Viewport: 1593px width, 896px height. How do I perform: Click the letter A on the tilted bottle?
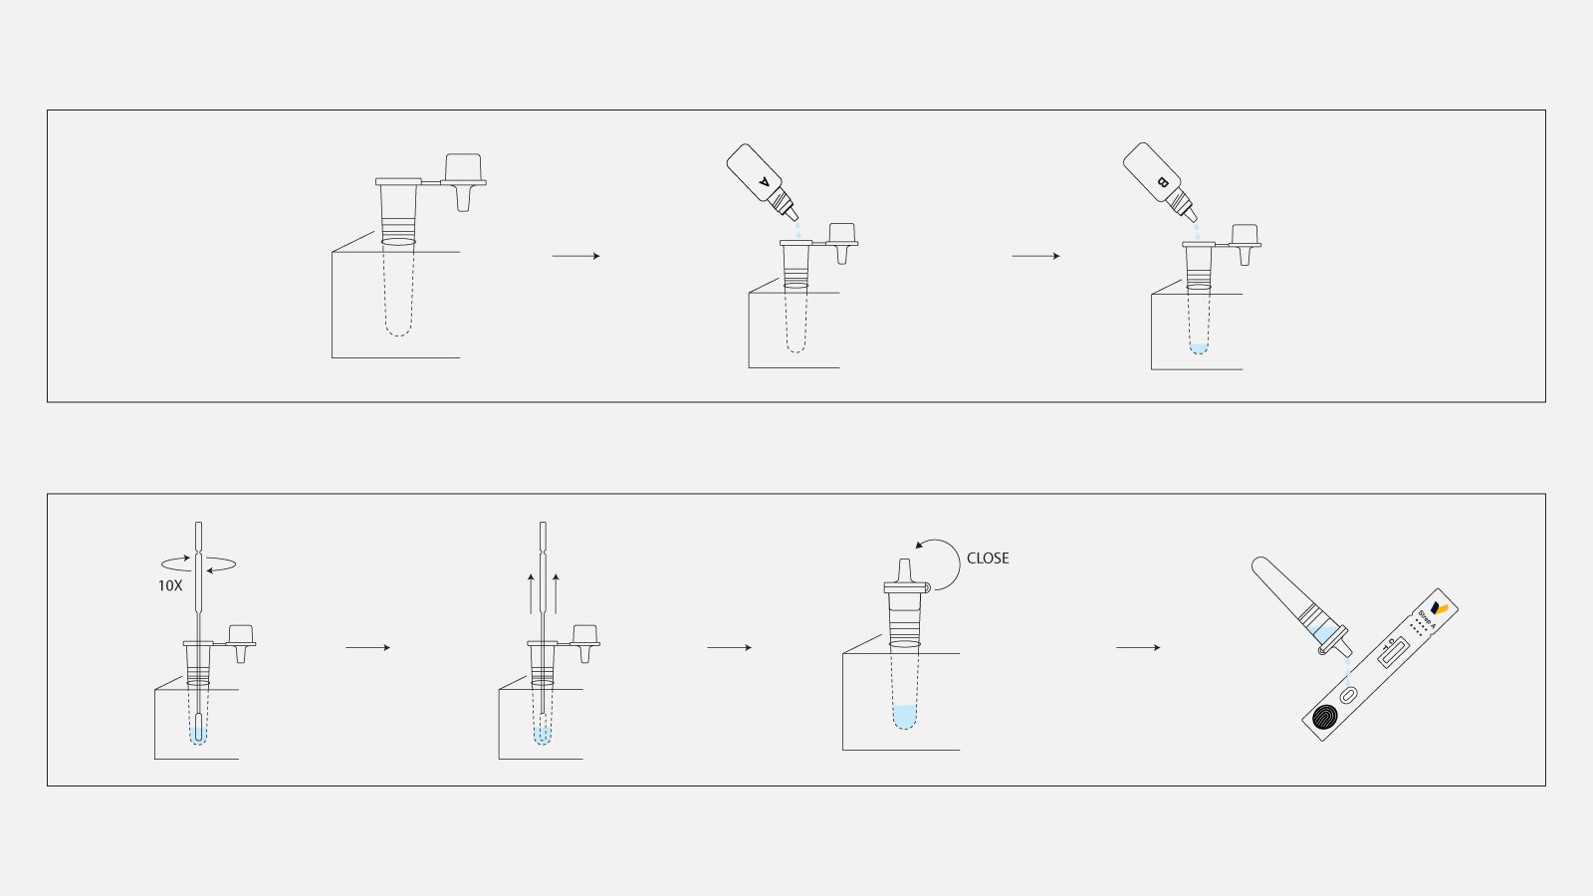click(x=765, y=182)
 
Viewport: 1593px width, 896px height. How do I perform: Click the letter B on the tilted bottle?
click(x=1162, y=182)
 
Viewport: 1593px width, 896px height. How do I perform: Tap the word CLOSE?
click(x=988, y=559)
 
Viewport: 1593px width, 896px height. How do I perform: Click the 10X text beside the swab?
click(x=170, y=586)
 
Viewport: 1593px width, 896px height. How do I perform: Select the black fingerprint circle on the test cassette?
click(x=1325, y=719)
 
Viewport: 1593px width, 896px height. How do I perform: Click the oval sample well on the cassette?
click(x=1349, y=696)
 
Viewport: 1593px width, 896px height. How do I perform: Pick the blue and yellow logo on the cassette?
click(x=1439, y=607)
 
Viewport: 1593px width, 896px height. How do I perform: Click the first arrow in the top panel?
click(x=576, y=257)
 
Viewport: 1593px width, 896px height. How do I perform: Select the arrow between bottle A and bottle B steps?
click(x=1035, y=257)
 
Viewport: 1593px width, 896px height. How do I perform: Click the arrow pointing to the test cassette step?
click(x=1138, y=648)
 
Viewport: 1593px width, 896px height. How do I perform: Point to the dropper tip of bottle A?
click(x=794, y=215)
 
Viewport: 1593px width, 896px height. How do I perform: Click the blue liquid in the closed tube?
click(x=904, y=716)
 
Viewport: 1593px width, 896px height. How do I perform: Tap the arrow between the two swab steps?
click(x=368, y=648)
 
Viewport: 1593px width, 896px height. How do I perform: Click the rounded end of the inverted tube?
click(x=1259, y=564)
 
